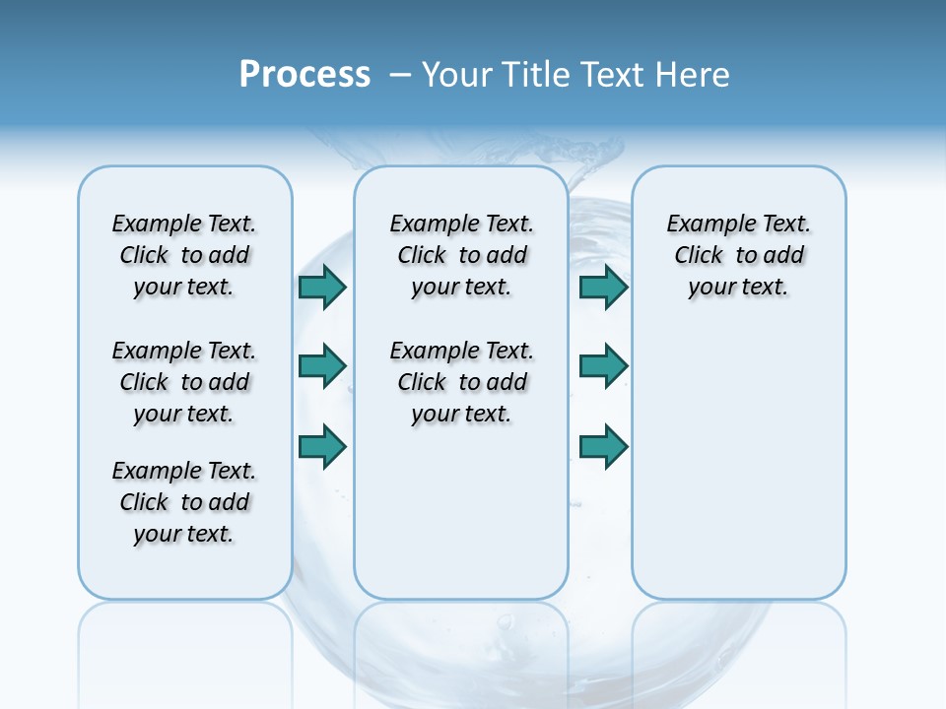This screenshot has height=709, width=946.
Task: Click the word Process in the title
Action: tap(304, 75)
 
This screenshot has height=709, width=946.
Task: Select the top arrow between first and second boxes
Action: tap(322, 287)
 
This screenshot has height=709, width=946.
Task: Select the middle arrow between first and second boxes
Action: tap(322, 366)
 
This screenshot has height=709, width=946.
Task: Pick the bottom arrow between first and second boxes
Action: tap(322, 446)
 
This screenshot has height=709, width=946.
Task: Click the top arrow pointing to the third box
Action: tap(603, 287)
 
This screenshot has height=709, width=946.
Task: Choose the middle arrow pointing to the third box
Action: tap(603, 366)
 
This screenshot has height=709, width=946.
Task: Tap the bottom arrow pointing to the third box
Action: tap(603, 446)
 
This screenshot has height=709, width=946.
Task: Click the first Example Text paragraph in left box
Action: tap(184, 255)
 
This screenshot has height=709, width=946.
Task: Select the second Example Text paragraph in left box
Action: tap(184, 382)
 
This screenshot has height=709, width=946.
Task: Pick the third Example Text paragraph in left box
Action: tap(184, 502)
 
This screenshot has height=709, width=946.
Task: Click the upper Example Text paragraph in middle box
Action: tap(461, 255)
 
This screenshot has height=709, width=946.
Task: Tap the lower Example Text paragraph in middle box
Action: tap(461, 382)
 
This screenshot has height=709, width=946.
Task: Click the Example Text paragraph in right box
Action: tap(738, 255)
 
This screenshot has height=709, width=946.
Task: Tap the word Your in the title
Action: tap(457, 75)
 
